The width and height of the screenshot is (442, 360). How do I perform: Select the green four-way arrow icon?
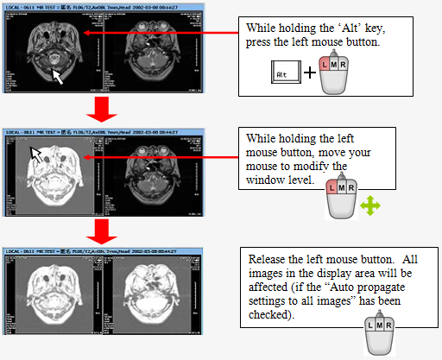click(369, 204)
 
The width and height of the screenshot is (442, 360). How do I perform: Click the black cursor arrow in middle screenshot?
click(36, 154)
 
